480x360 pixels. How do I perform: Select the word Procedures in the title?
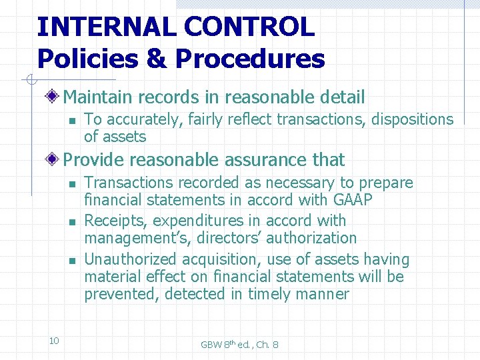[250, 59]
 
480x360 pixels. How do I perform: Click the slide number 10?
[54, 341]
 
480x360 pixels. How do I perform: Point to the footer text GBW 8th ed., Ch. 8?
[240, 344]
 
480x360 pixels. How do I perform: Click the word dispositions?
[412, 119]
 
